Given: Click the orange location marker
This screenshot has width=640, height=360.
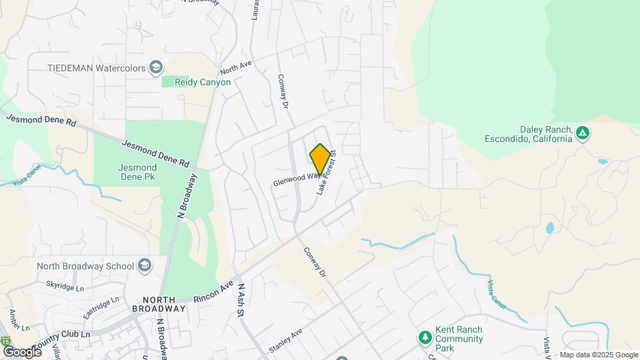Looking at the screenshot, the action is click(x=320, y=159).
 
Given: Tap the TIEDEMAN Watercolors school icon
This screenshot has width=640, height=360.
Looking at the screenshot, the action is click(x=156, y=67).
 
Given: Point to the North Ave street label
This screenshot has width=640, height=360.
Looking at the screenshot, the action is click(x=236, y=67).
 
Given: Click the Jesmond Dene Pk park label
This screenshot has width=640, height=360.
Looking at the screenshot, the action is click(x=137, y=173).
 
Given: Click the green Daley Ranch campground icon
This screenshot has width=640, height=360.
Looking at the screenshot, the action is click(x=582, y=133).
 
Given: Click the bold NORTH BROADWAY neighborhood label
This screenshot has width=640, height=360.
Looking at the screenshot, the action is click(x=158, y=304).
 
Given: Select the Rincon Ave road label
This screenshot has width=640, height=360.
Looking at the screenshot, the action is click(x=214, y=292).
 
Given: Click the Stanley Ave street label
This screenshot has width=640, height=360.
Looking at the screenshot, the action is click(x=285, y=339).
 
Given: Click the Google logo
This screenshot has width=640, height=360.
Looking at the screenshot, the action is click(x=22, y=351).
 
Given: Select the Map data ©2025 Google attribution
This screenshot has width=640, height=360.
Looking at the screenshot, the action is click(x=599, y=355).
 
